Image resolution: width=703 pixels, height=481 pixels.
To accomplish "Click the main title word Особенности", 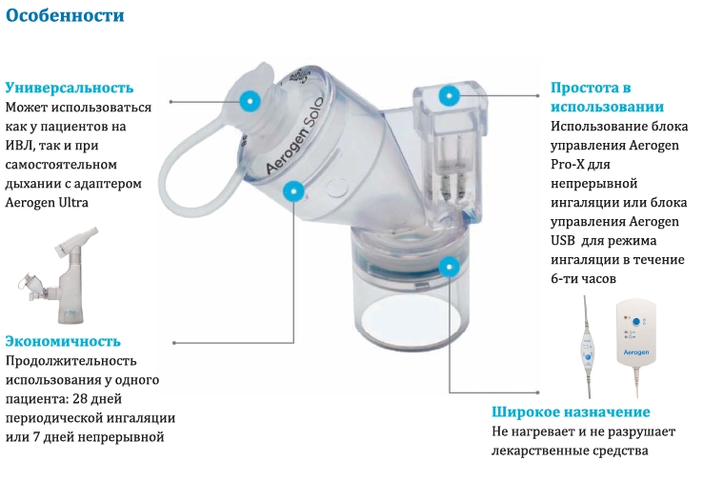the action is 65,15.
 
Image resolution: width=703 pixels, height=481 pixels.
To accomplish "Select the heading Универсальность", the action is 70,88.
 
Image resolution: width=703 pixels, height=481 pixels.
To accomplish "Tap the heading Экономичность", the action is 63,341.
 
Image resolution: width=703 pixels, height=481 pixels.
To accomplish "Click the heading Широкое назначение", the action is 571,411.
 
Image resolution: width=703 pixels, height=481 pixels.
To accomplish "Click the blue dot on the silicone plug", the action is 250,100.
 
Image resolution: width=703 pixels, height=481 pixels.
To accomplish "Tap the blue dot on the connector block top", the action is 449,95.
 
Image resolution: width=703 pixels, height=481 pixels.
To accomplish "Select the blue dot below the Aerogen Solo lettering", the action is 293,191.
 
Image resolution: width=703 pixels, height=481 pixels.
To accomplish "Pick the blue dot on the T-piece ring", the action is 449,268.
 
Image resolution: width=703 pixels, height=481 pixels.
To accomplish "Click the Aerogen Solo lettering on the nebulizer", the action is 294,135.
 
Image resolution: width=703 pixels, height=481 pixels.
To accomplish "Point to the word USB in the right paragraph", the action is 562,241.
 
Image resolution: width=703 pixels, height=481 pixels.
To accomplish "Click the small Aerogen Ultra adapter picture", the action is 58,275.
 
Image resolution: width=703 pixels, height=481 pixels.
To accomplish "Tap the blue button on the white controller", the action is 635,322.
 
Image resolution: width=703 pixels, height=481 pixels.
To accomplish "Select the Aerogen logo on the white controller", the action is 636,352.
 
